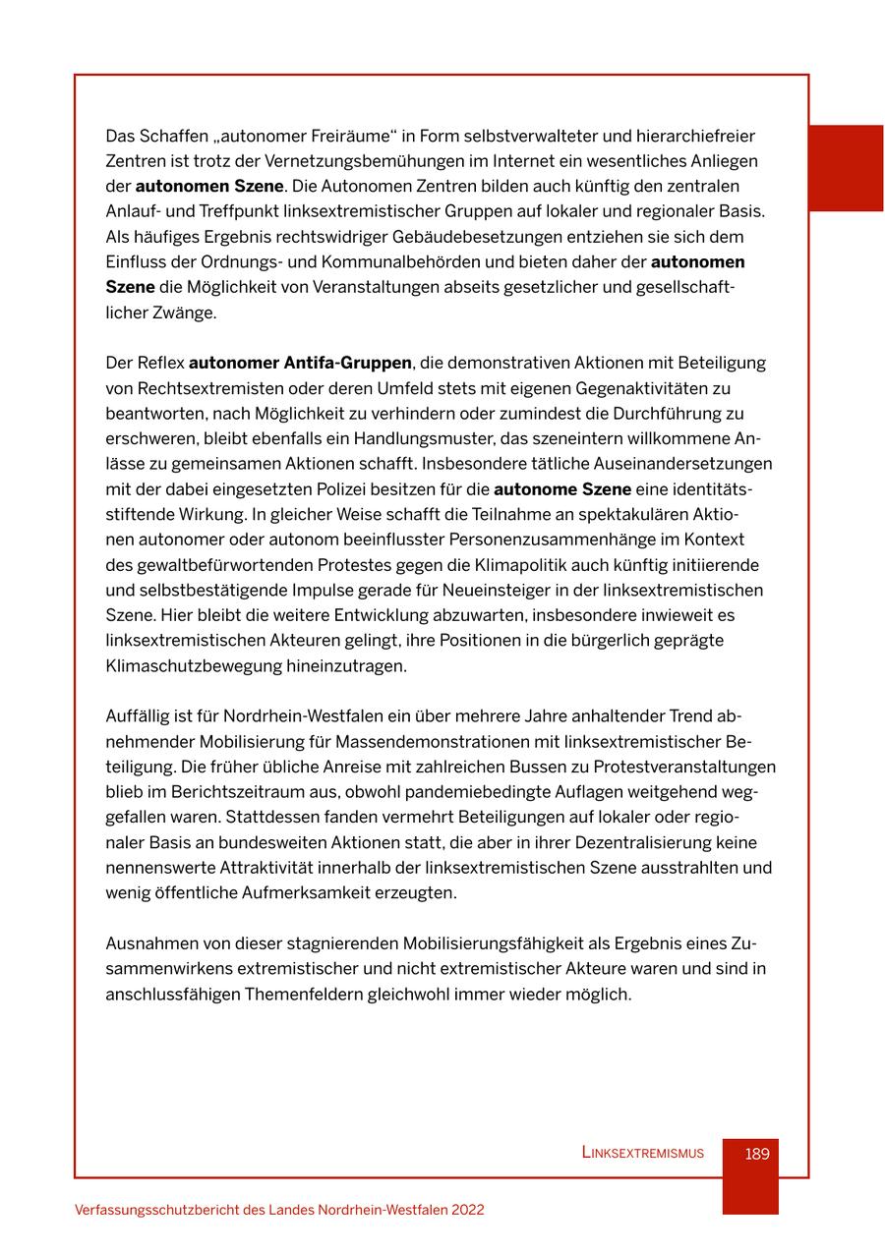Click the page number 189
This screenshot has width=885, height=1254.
pos(756,1154)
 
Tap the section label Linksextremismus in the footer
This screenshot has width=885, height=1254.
pos(642,1154)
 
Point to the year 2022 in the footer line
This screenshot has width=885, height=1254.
pos(467,1211)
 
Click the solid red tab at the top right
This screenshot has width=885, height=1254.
pos(846,167)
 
